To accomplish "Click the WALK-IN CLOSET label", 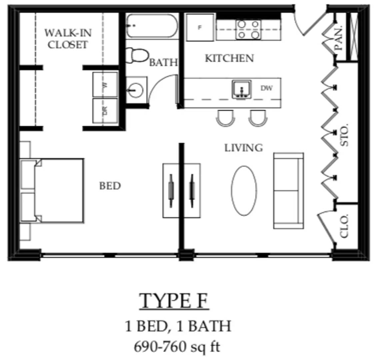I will pyautogui.click(x=68, y=39).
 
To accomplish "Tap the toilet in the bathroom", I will pyautogui.click(x=137, y=55).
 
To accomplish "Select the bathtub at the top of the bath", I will pyautogui.click(x=152, y=26).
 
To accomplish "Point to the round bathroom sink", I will pyautogui.click(x=136, y=90).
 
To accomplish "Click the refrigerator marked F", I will pyautogui.click(x=200, y=28).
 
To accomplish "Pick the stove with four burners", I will pyautogui.click(x=248, y=29).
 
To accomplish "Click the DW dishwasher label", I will pyautogui.click(x=266, y=88).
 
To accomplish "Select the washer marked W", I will pyautogui.click(x=105, y=85).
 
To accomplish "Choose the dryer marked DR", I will pyautogui.click(x=105, y=111).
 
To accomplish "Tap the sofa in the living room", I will pyautogui.click(x=288, y=191).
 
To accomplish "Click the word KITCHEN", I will pyautogui.click(x=229, y=58).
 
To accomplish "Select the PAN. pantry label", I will pyautogui.click(x=338, y=38).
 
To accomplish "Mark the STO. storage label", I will pyautogui.click(x=345, y=135).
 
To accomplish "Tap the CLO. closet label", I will pyautogui.click(x=344, y=226).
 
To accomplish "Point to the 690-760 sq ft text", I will pyautogui.click(x=177, y=347).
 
